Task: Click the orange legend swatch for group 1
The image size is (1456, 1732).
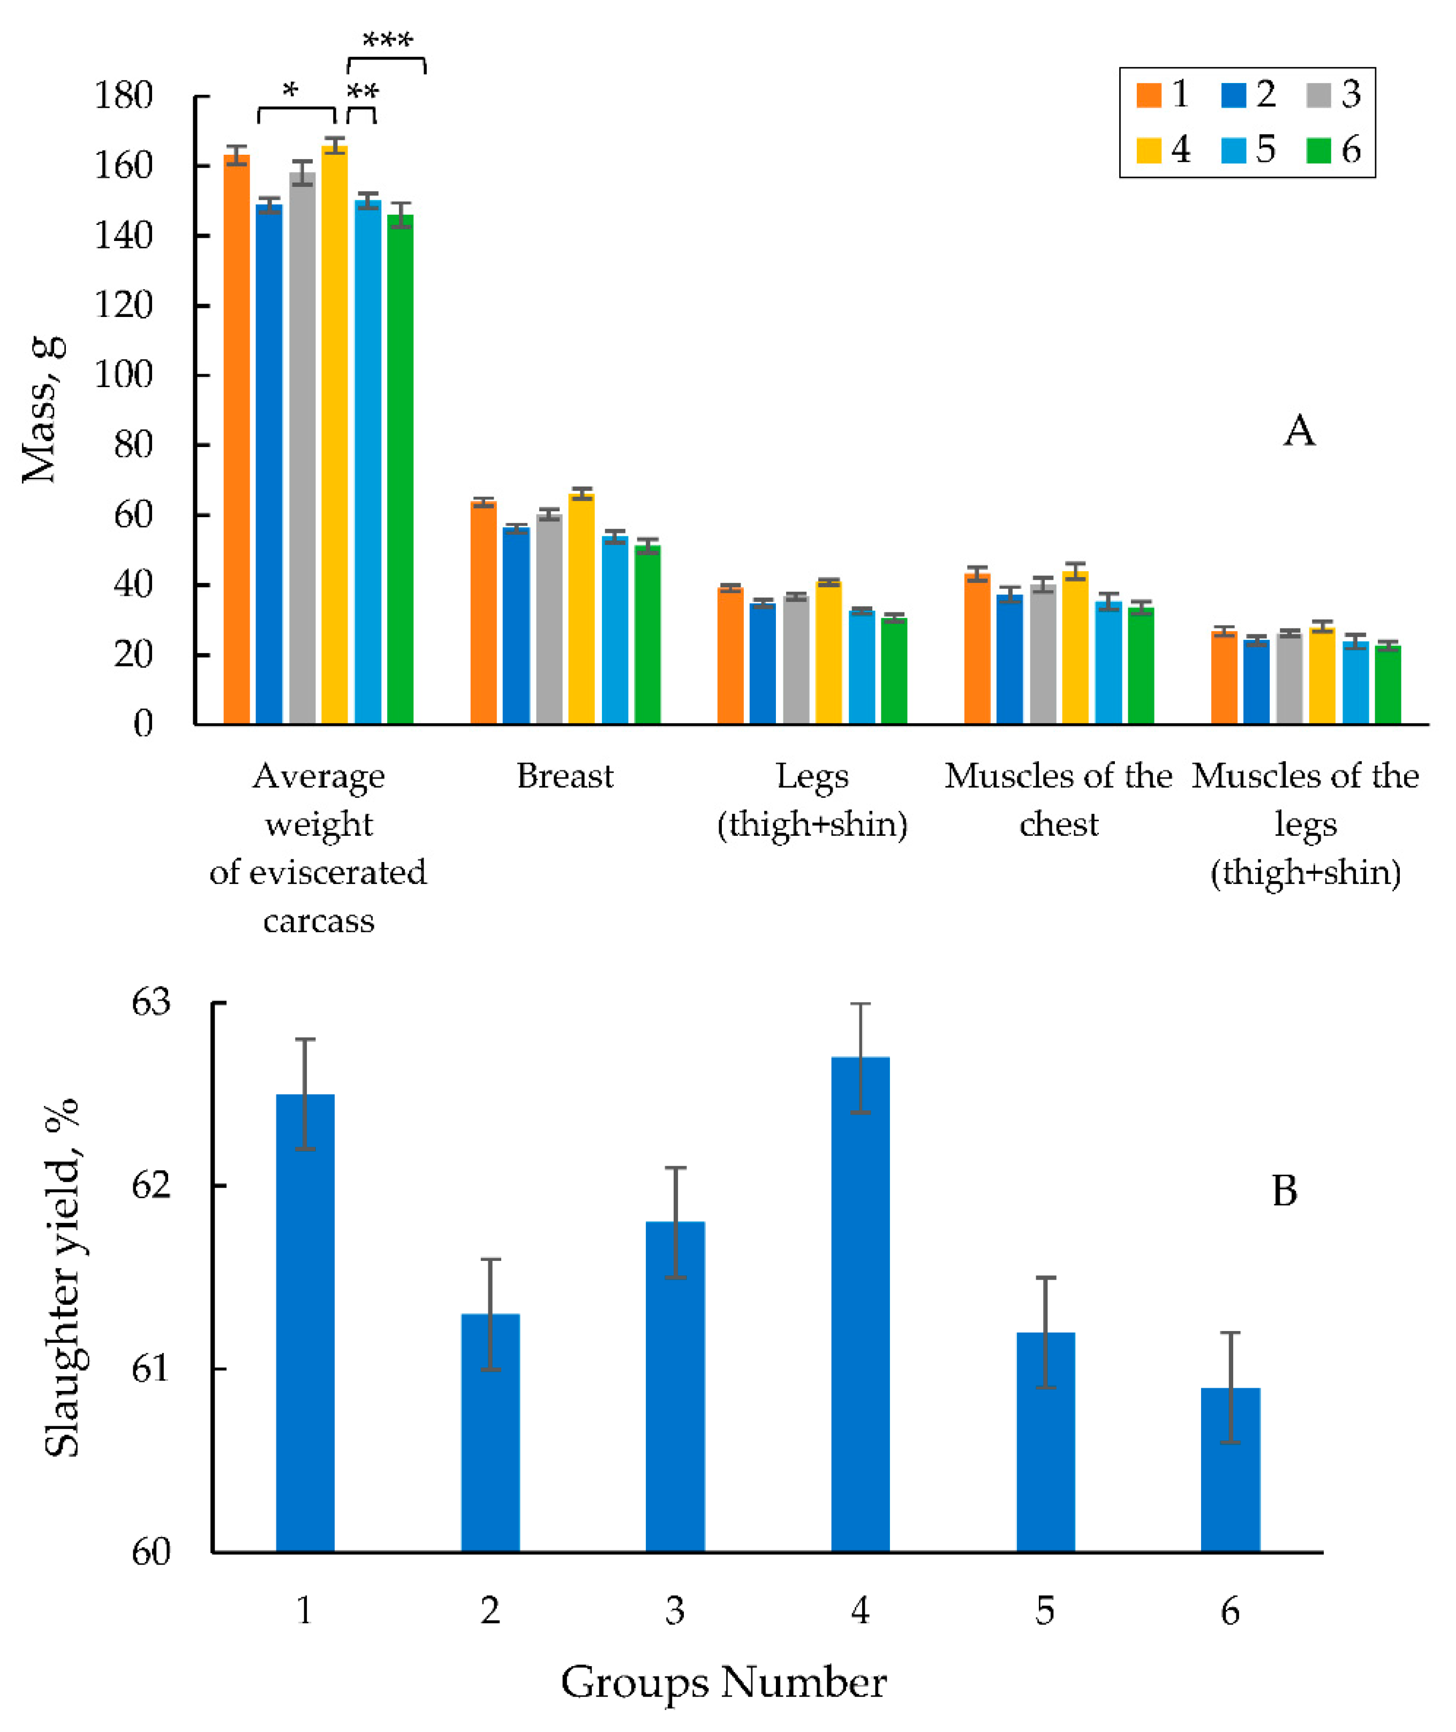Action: pyautogui.click(x=1148, y=96)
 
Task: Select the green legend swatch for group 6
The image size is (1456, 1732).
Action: pyautogui.click(x=1318, y=150)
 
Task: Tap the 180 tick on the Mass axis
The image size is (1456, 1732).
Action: pyautogui.click(x=124, y=96)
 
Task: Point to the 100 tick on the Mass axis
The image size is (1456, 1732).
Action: pyautogui.click(x=124, y=375)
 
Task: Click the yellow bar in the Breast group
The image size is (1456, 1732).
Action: pyautogui.click(x=581, y=610)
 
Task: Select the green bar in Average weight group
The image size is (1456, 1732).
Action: pyautogui.click(x=401, y=470)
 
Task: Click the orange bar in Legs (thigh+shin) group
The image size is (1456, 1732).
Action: pyautogui.click(x=730, y=656)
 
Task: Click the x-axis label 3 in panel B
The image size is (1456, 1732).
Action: pyautogui.click(x=675, y=1610)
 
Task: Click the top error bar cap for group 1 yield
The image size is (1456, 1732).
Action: pyautogui.click(x=305, y=1040)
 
